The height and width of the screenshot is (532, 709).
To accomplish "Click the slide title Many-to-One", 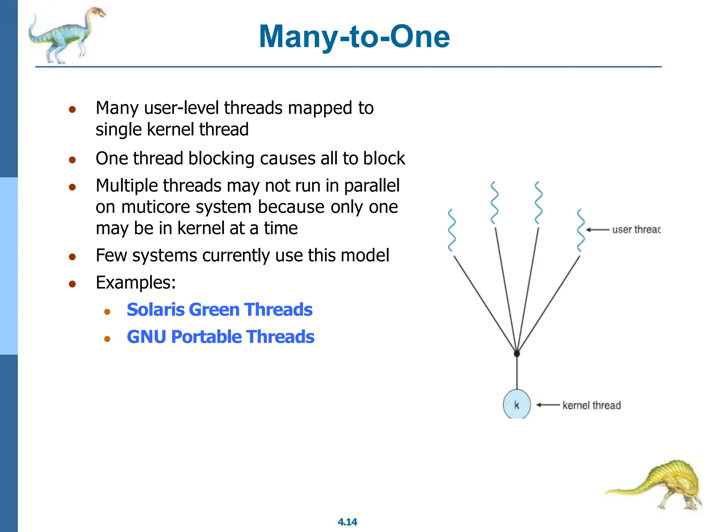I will coord(354,37).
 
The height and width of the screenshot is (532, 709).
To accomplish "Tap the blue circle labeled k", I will coord(517,405).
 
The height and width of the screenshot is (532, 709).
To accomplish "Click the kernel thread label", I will coord(591,405).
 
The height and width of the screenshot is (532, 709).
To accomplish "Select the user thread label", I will coord(636,230).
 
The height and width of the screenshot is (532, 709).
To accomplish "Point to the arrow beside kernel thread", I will coord(548,405).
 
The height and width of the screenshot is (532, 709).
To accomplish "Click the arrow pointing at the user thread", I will coord(597,230).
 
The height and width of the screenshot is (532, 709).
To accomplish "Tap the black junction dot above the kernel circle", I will coord(517,354).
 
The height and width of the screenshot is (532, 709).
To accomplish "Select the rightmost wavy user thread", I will coord(581,230).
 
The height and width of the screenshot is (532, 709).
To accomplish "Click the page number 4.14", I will coord(347,522).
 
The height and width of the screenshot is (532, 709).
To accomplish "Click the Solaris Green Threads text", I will coord(219,310).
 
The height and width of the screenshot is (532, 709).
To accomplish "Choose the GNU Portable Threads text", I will coord(221,337).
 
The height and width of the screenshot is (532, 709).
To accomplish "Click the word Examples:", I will coord(136,282).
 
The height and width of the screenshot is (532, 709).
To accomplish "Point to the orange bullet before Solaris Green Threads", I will coord(107,312).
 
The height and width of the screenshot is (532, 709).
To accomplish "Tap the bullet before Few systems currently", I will coord(72,257).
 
